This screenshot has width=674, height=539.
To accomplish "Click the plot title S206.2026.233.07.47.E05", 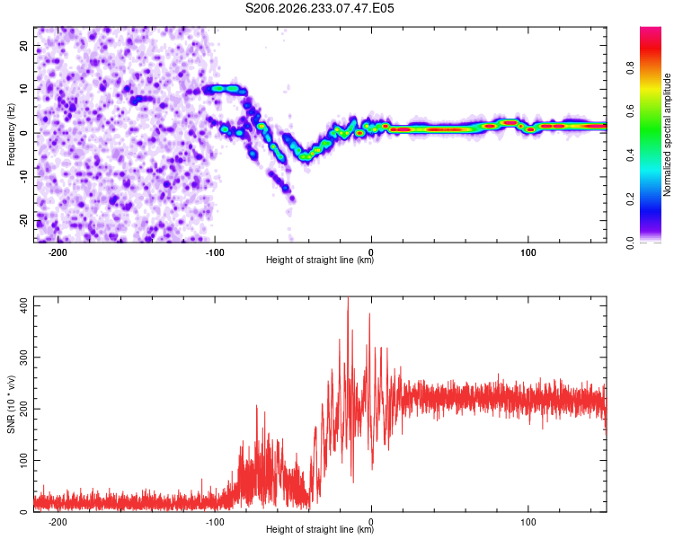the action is coord(319,8).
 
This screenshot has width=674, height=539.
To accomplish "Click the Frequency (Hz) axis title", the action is coord(11,135).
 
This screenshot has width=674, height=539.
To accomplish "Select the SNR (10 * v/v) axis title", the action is coord(11,404).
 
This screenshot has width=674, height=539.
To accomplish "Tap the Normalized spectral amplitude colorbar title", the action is coord(667,135).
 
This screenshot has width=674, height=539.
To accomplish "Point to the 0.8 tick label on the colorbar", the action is coord(630,68).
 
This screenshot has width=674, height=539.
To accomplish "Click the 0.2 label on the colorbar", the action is coord(630,199).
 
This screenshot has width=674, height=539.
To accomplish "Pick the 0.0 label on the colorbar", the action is coord(630,243).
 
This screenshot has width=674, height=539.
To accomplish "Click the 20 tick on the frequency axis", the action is coord(23,45).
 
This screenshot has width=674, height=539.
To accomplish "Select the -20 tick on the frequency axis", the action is coord(23,221).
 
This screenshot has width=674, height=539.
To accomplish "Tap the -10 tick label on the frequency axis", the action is coord(23,177).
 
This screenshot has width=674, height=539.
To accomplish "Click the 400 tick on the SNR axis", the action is coord(23,305).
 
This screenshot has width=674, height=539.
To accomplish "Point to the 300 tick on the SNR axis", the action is coord(23,358).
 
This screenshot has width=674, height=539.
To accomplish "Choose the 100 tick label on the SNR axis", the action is coord(23,460).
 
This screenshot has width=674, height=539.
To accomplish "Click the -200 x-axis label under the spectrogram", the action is coord(58,252).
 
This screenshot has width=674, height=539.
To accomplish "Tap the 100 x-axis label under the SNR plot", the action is coord(528,522).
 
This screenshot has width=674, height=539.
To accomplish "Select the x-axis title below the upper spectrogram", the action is coord(320,260).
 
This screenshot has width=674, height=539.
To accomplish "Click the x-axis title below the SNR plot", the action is coord(320,529).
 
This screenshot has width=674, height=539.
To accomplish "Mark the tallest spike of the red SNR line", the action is coord(348,297).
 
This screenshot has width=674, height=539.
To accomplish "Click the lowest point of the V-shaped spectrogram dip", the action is coord(306,157).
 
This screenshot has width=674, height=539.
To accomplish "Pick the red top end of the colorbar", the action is coord(651,30).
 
